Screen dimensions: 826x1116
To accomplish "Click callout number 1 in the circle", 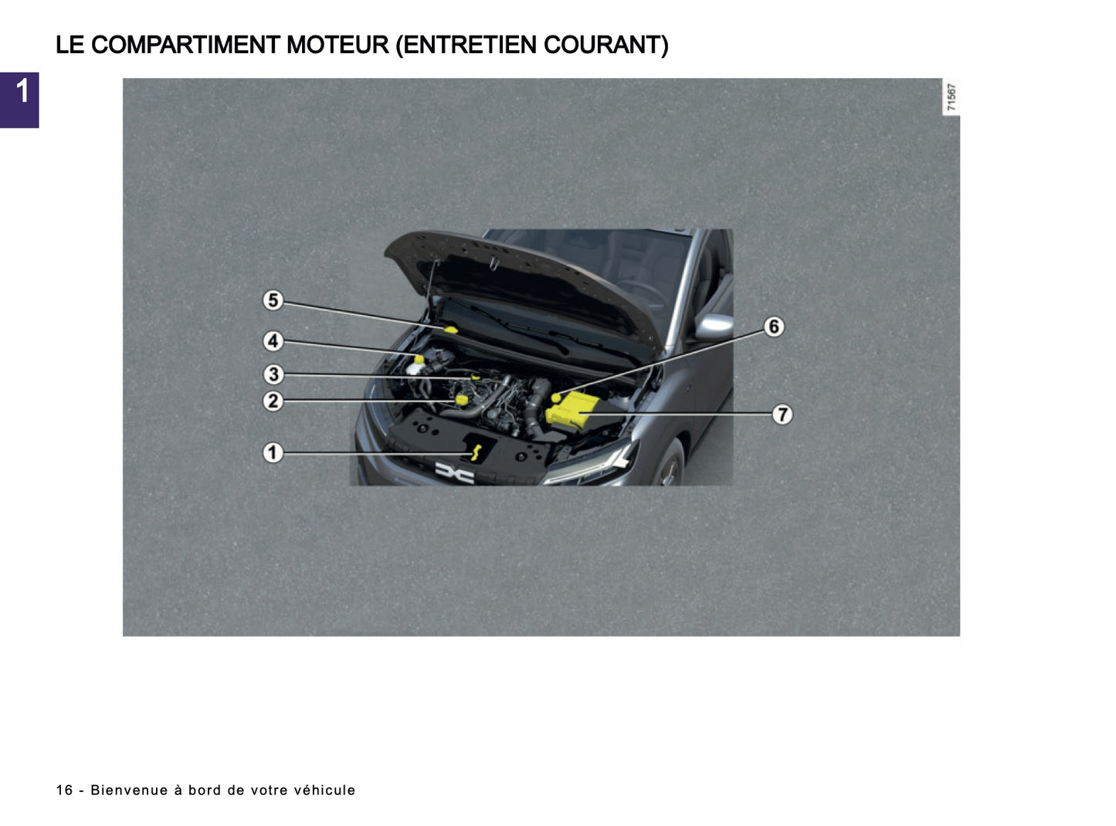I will [x=273, y=452].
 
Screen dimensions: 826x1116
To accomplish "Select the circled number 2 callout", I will [x=273, y=401].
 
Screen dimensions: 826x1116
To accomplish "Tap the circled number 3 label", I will [x=273, y=374].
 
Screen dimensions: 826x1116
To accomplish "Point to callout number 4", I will [x=273, y=340].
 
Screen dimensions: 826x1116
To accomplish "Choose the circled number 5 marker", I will [x=273, y=300].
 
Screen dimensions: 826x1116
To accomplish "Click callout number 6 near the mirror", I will [x=773, y=327].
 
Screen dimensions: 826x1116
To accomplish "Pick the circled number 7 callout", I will [x=782, y=415].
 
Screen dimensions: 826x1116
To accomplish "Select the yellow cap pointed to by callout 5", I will [x=451, y=330].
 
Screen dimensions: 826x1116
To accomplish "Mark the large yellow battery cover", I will [x=570, y=409].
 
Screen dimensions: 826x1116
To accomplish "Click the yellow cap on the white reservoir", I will [x=419, y=359].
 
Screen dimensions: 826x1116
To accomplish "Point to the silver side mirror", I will [x=714, y=327].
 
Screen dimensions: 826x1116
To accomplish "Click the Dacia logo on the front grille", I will [x=454, y=472].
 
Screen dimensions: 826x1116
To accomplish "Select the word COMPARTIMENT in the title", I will [x=185, y=45].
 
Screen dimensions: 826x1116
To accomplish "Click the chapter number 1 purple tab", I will [x=19, y=100].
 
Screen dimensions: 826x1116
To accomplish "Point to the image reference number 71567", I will [x=951, y=97].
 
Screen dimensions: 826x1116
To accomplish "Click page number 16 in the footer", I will [x=64, y=790].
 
